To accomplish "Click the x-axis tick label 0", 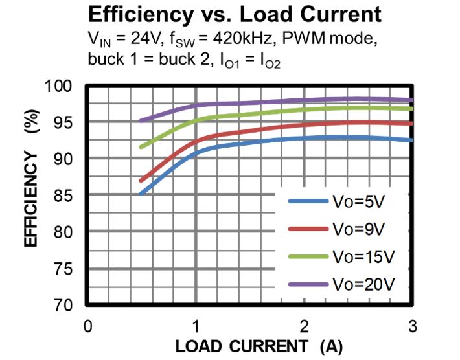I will tap(89, 325).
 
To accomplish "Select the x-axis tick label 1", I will tap(196, 325).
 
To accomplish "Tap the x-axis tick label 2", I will tap(305, 325).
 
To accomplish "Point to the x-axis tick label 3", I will tap(412, 325).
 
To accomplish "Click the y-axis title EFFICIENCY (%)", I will tap(32, 178).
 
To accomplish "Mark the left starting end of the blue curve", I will tap(141, 193).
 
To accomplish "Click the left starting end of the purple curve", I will tap(141, 120).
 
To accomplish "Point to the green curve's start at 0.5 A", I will tap(141, 146).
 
